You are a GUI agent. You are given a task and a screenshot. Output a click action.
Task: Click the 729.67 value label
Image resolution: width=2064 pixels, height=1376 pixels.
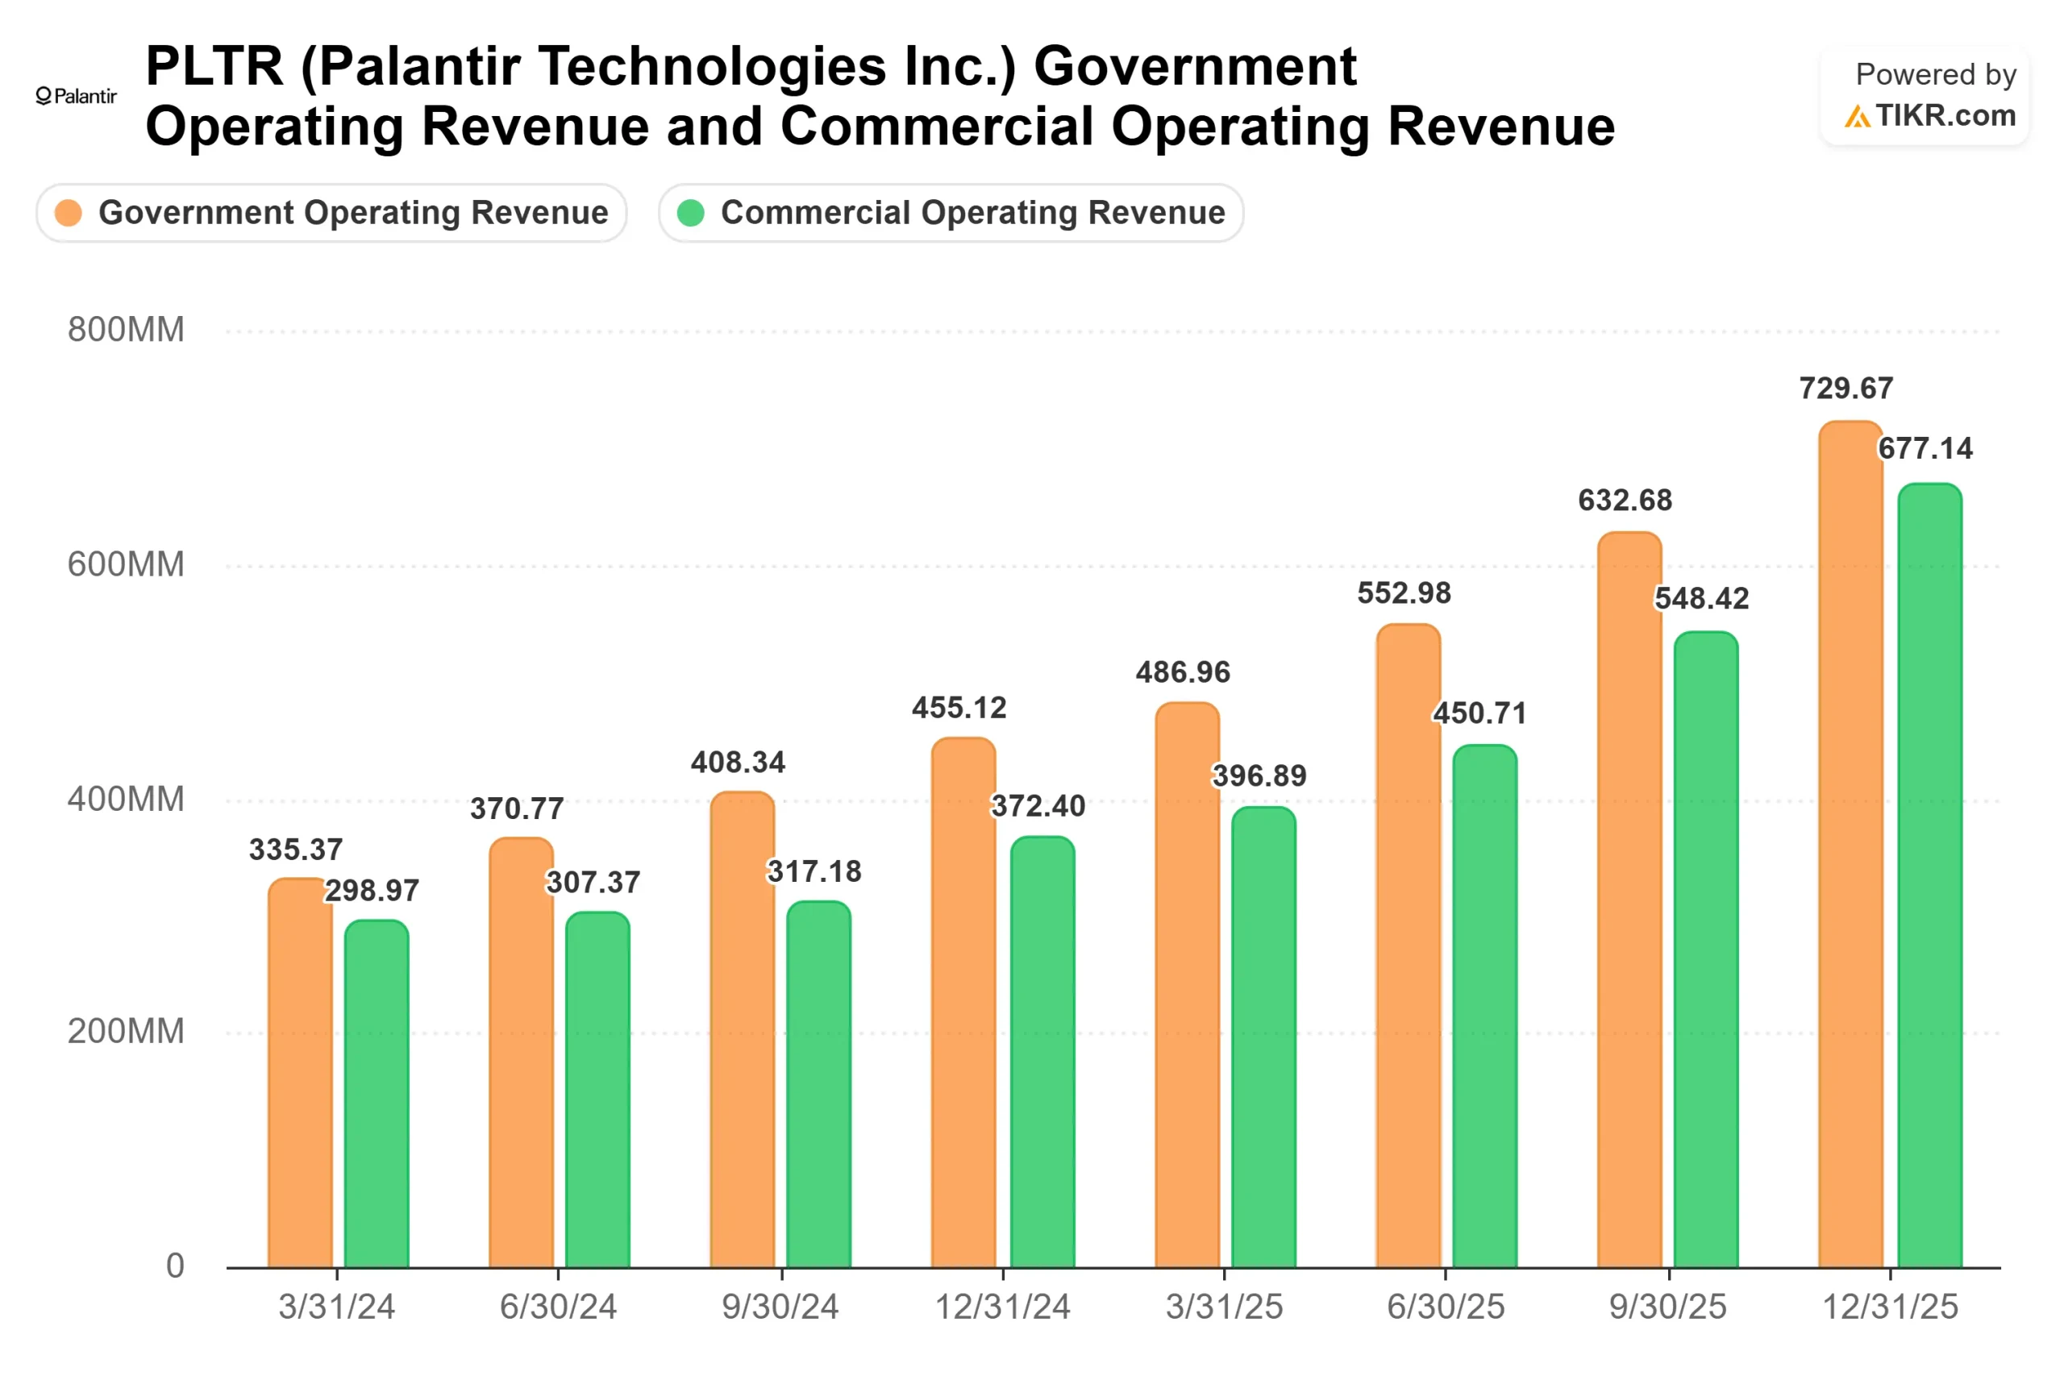pyautogui.click(x=1846, y=388)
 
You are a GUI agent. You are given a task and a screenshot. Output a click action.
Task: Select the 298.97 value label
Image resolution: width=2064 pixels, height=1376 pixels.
pyautogui.click(x=372, y=890)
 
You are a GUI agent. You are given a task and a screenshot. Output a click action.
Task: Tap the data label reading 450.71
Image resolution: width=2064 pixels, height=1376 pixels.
pyautogui.click(x=1479, y=713)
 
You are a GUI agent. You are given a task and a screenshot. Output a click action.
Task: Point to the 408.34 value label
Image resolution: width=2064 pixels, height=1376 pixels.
pyautogui.click(x=737, y=762)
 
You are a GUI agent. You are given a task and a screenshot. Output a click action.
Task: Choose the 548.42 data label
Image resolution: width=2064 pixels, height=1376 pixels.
pyautogui.click(x=1700, y=597)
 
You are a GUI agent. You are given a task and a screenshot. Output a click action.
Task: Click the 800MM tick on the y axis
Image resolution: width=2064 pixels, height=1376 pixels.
pyautogui.click(x=126, y=330)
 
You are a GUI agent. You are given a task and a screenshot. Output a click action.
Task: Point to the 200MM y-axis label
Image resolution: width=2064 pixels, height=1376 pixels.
pyautogui.click(x=126, y=1031)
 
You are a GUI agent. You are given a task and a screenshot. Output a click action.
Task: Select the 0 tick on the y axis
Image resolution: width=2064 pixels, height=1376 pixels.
pyautogui.click(x=175, y=1266)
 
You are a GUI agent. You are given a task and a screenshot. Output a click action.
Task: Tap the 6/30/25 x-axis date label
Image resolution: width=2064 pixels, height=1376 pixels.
pyautogui.click(x=1446, y=1307)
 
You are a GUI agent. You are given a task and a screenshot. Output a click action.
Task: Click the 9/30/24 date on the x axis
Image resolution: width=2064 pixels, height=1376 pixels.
pyautogui.click(x=780, y=1307)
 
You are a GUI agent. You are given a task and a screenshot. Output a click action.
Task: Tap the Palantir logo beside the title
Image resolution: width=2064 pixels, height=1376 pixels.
pyautogui.click(x=77, y=96)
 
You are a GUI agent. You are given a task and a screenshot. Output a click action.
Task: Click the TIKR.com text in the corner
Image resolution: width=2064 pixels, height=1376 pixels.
pyautogui.click(x=1945, y=115)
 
